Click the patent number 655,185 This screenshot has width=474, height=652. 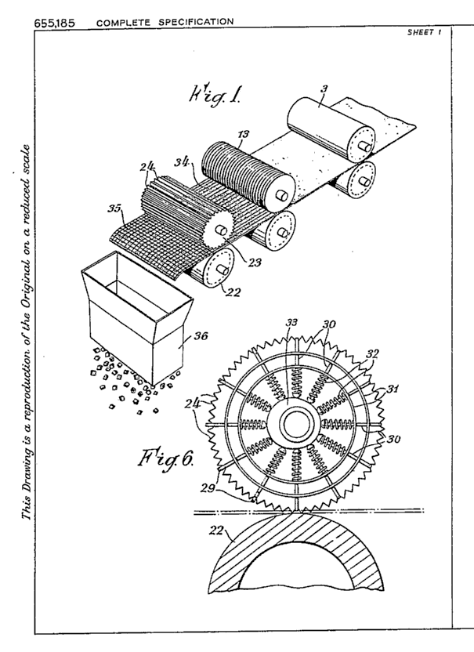pos(55,23)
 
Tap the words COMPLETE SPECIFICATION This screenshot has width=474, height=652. pos(165,22)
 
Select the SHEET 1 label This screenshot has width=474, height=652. pos(424,32)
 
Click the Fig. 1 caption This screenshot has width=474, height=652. pos(214,96)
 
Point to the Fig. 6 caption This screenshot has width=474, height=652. pos(165,458)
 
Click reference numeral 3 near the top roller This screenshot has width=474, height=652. pos(324,88)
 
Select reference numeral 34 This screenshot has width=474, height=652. pos(182,161)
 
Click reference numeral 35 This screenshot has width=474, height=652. pos(114,208)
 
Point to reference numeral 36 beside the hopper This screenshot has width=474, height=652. pos(201,335)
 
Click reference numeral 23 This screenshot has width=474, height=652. pos(255,263)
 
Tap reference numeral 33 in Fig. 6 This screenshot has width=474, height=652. pos(291,323)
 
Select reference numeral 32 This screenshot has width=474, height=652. pos(372,353)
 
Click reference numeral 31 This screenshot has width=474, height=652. pos(393,389)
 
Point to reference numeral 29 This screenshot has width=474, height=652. pos(208,487)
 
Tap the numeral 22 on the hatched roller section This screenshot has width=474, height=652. pos(216,531)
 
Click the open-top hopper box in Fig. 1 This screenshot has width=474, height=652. pos(138,315)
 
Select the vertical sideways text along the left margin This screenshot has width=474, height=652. pos(27,331)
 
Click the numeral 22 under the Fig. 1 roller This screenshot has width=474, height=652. pos(233,293)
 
